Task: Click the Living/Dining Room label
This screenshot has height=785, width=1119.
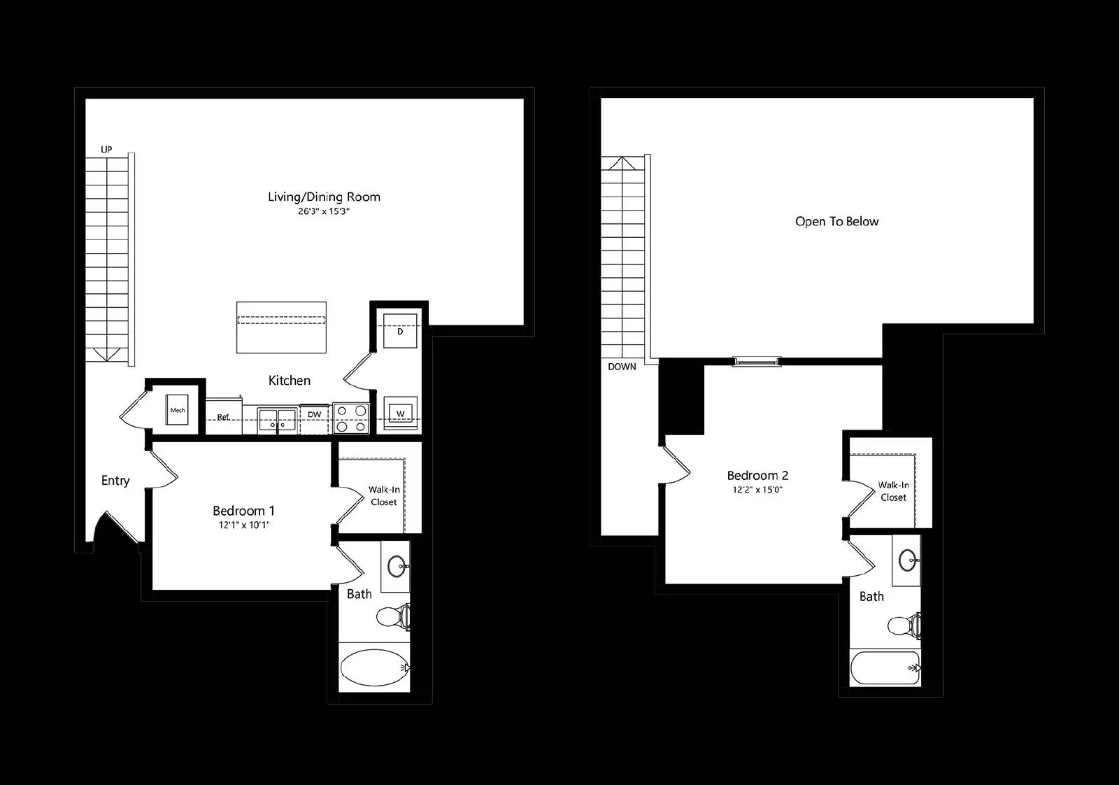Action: tap(324, 197)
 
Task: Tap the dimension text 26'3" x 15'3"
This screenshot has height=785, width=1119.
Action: tap(324, 211)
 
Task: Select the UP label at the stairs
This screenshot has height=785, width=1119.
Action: tap(106, 150)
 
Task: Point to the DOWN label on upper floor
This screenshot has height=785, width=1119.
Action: tap(622, 367)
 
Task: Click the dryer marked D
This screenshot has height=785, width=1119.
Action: tap(400, 331)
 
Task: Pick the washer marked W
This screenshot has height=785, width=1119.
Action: tap(400, 413)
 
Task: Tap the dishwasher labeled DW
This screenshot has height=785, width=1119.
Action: tap(314, 418)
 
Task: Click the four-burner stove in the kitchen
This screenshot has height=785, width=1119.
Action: tap(351, 418)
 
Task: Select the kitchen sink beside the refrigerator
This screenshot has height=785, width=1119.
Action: tap(277, 420)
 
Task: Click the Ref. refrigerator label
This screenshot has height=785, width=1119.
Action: tap(223, 417)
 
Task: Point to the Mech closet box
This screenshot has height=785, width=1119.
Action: tap(178, 410)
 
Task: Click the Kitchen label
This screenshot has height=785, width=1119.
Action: tap(290, 381)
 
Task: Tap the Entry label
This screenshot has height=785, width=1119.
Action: tap(115, 481)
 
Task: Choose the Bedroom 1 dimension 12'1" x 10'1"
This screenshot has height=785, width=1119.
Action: tap(244, 525)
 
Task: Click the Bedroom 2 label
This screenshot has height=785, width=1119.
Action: tap(757, 475)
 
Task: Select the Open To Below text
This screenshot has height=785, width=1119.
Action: tap(836, 221)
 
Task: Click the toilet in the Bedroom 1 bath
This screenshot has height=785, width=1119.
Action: tap(392, 617)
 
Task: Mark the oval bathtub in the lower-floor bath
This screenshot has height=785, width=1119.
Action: tap(375, 667)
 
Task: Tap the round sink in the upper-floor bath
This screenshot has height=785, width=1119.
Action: tap(908, 560)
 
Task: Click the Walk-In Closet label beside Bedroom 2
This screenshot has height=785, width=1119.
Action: tap(893, 491)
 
